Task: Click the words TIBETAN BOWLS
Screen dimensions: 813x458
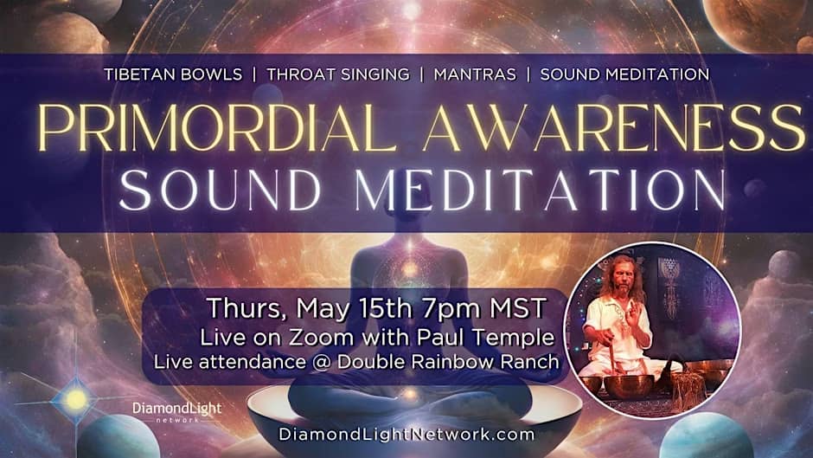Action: coord(173,74)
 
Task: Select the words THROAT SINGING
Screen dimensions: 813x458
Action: coord(338,74)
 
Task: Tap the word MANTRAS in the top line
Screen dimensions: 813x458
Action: coord(475,74)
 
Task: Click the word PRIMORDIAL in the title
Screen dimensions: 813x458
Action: coord(214,128)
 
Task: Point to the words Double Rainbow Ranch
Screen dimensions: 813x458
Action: coord(448,362)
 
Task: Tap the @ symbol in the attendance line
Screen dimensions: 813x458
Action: coord(322,362)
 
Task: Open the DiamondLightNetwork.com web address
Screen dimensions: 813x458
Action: coord(406,434)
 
